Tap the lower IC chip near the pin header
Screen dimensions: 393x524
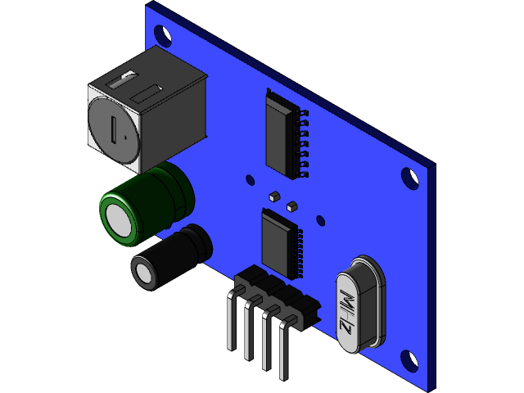click(x=278, y=241)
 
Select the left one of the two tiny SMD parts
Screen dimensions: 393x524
click(x=274, y=196)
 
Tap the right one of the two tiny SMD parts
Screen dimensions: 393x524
click(x=292, y=208)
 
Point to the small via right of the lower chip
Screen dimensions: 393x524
click(x=320, y=220)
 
